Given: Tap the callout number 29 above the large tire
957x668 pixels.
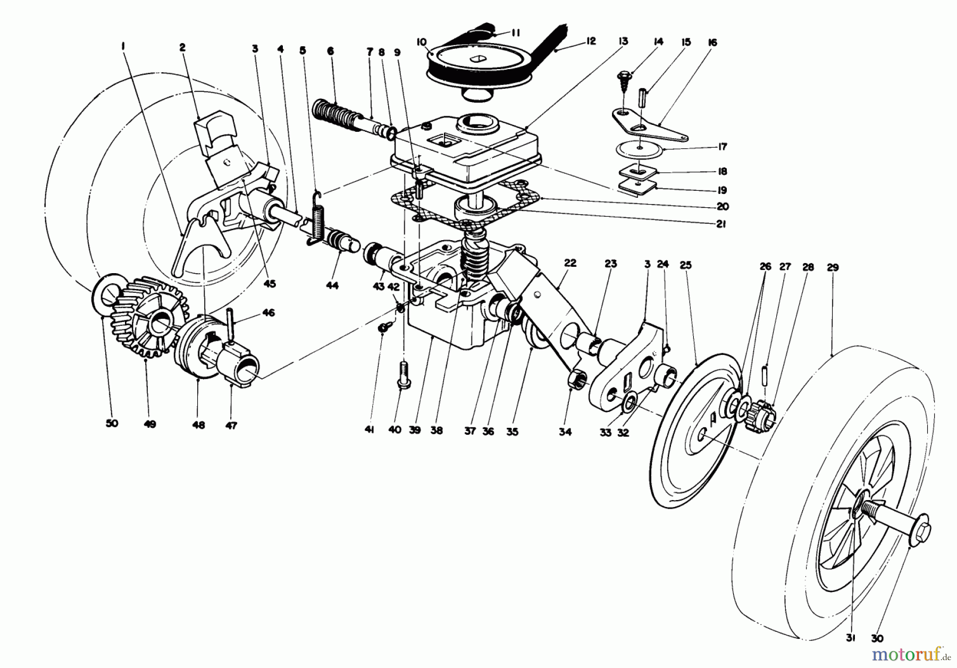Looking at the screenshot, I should (833, 268).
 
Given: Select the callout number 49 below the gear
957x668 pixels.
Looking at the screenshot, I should (150, 424).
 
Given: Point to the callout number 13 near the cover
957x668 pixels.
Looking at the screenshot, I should (623, 41).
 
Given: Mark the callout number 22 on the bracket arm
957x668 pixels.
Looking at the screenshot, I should (570, 263).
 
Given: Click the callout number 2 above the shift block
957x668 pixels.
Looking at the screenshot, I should (182, 47).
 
